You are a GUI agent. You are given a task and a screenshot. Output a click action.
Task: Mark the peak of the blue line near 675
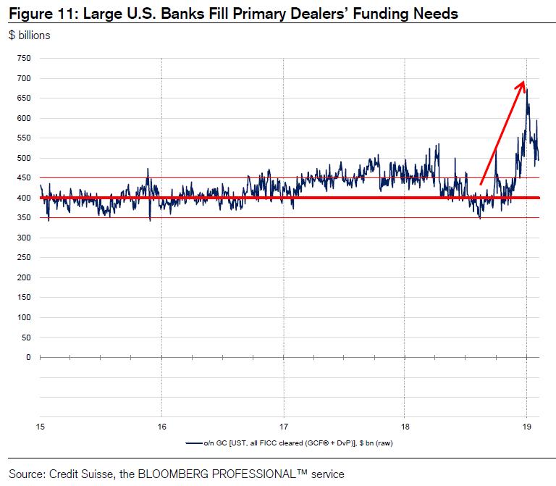527,89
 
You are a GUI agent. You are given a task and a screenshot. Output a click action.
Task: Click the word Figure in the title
29,14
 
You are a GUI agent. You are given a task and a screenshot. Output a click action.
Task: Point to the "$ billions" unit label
30,35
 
